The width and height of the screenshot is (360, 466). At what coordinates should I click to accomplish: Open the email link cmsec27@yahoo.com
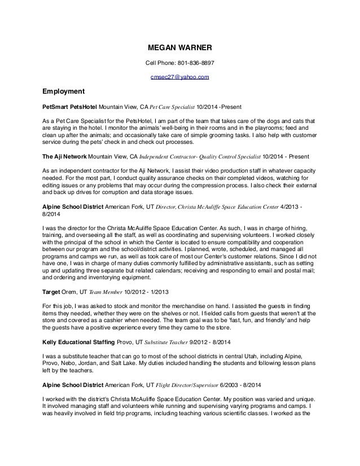179,77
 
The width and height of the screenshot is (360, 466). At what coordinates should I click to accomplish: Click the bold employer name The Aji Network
63,155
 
